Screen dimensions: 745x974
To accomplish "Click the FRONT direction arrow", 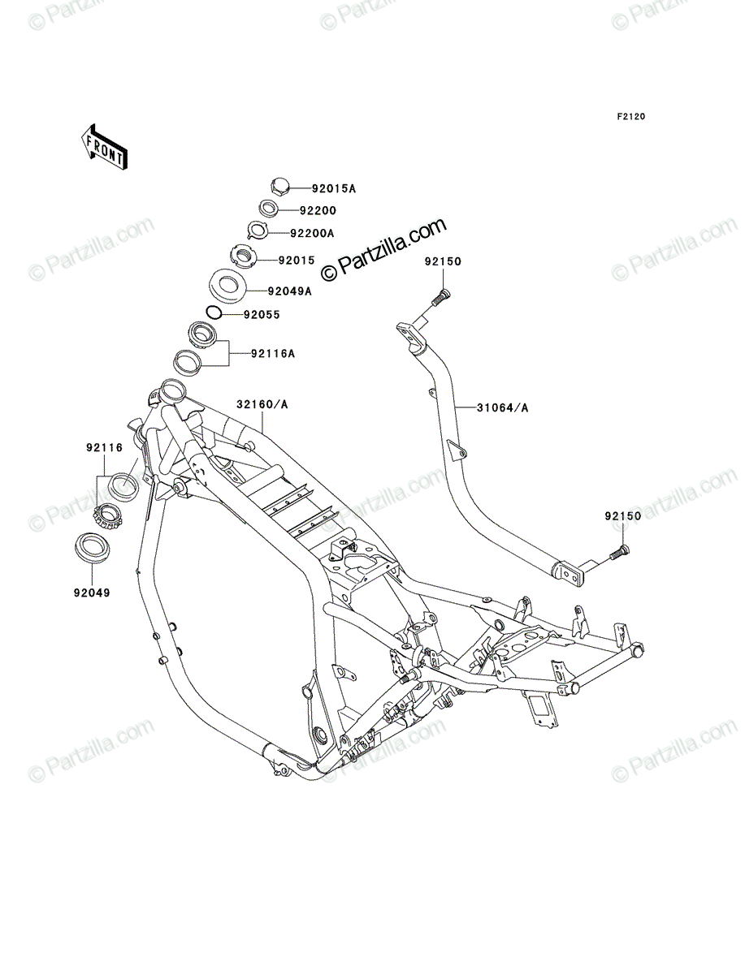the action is pyautogui.click(x=104, y=147).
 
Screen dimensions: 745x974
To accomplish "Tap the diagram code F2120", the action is pyautogui.click(x=630, y=117).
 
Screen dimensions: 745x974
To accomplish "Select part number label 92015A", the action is pyautogui.click(x=333, y=188).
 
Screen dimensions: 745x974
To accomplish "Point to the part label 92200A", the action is pyautogui.click(x=312, y=233).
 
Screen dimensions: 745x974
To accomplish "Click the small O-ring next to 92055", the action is pyautogui.click(x=214, y=312).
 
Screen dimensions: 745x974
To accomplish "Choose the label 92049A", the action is pyautogui.click(x=289, y=291).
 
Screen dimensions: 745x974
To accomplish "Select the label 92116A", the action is pyautogui.click(x=273, y=354).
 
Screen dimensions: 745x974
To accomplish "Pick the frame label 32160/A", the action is pyautogui.click(x=262, y=404).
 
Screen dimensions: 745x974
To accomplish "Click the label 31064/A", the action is pyautogui.click(x=503, y=407).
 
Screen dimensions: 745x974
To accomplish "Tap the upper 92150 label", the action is pyautogui.click(x=443, y=261).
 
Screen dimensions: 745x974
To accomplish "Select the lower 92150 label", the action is pyautogui.click(x=623, y=516).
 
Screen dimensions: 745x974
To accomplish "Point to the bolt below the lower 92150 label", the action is pyautogui.click(x=620, y=552).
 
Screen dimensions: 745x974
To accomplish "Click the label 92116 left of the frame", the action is pyautogui.click(x=104, y=448).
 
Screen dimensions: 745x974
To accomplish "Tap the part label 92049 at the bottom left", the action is pyautogui.click(x=92, y=593).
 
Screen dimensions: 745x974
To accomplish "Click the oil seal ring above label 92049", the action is pyautogui.click(x=92, y=548).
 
